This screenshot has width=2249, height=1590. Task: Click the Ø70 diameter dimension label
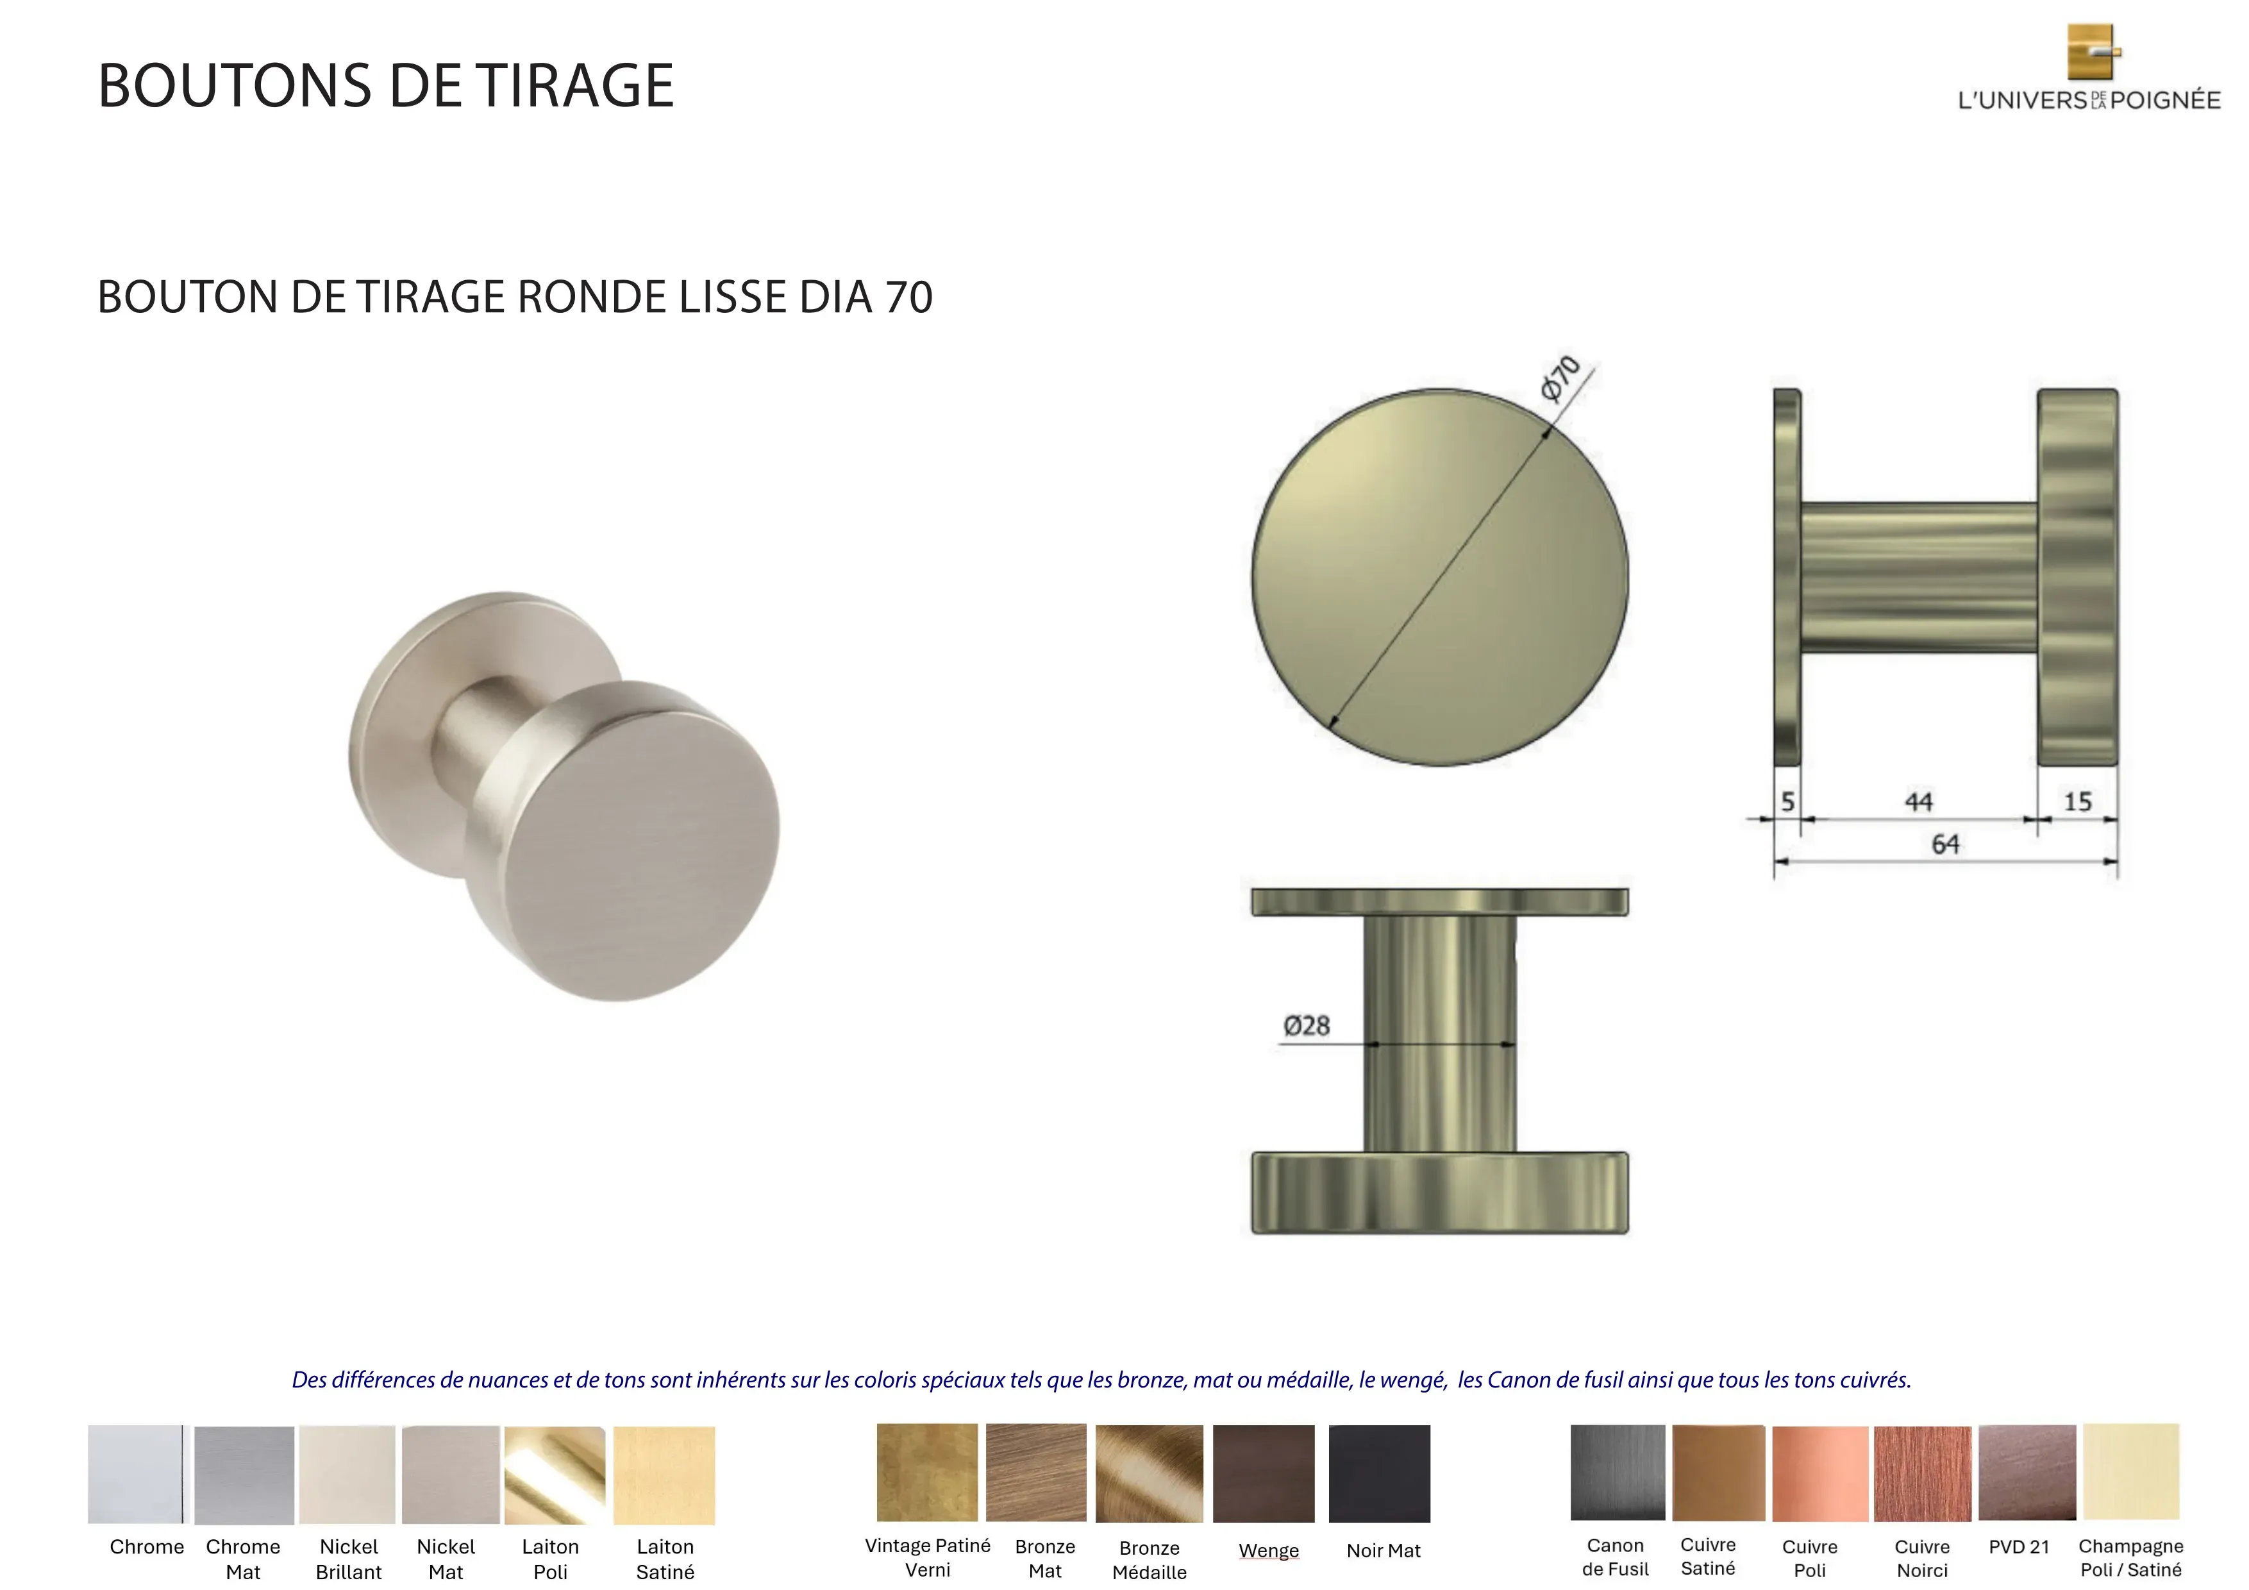pyautogui.click(x=1560, y=378)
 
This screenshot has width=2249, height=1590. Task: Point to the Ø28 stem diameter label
pyautogui.click(x=1307, y=1026)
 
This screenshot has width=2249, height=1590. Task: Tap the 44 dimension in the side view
pyautogui.click(x=1918, y=802)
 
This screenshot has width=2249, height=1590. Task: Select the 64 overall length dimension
pyautogui.click(x=1945, y=844)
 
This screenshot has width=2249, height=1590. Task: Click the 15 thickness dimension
pyautogui.click(x=2078, y=801)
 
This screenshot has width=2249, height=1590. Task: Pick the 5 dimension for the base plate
pyautogui.click(x=1787, y=801)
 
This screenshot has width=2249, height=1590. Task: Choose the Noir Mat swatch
pyautogui.click(x=1379, y=1473)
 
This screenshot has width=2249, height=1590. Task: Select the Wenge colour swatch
pyautogui.click(x=1264, y=1473)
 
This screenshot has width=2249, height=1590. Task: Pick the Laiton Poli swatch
pyautogui.click(x=555, y=1475)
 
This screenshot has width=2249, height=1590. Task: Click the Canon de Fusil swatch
pyautogui.click(x=1618, y=1473)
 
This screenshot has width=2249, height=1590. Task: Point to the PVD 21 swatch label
pyautogui.click(x=2019, y=1547)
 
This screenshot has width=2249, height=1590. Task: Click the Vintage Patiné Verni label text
pyautogui.click(x=928, y=1558)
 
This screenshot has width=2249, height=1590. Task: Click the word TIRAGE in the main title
pyautogui.click(x=576, y=85)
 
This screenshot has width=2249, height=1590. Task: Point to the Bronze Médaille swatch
pyautogui.click(x=1149, y=1473)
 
